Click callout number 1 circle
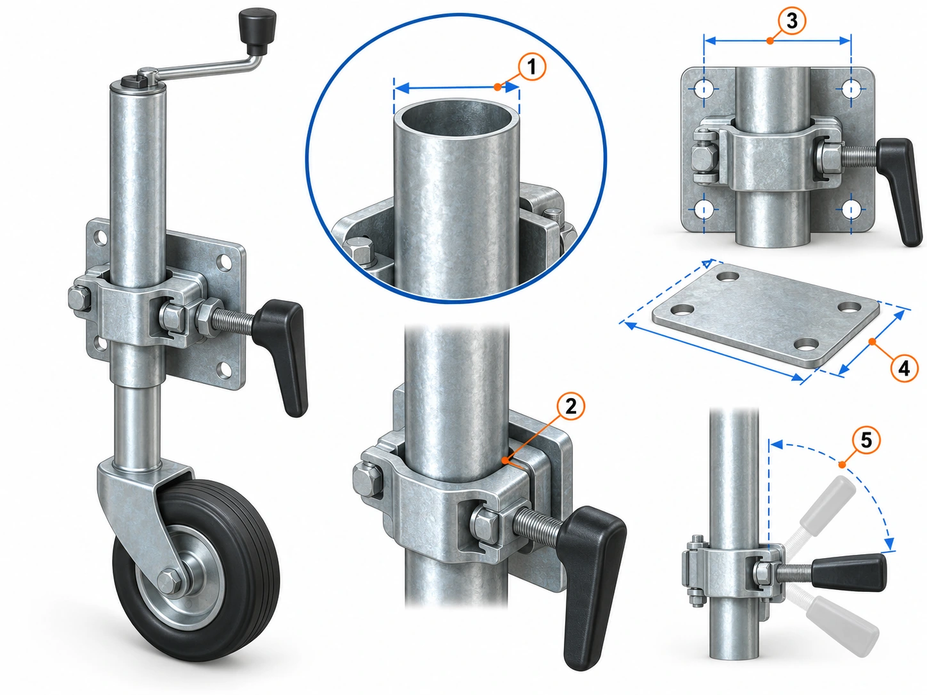point(531,67)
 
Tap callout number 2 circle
point(570,407)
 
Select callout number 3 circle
point(792,21)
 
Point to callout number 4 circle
point(904,369)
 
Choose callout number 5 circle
point(866,440)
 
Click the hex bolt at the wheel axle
point(171,582)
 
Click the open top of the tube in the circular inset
point(456,115)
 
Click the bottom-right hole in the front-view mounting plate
point(851,209)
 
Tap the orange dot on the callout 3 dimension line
point(770,41)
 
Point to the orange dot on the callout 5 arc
point(842,465)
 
